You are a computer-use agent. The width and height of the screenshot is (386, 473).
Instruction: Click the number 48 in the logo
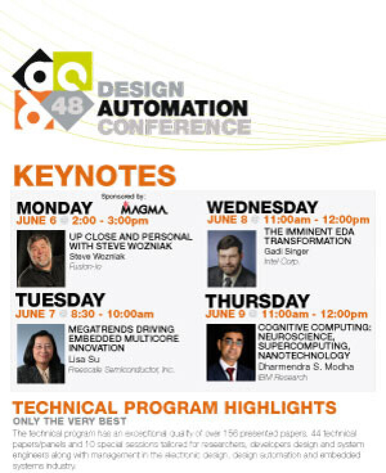[x=67, y=106]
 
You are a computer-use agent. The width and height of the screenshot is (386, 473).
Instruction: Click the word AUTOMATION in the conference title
[x=173, y=108]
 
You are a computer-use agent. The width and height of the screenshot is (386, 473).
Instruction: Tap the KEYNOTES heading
[x=95, y=175]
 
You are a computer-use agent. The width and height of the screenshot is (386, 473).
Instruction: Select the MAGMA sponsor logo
[x=144, y=208]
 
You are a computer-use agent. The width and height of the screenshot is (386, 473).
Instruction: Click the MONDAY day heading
[x=55, y=208]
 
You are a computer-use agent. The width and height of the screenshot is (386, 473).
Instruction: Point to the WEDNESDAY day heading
[x=262, y=207]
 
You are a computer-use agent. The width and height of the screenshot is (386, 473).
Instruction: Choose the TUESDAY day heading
[x=60, y=300]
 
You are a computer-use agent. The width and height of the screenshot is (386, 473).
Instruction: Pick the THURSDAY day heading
[x=258, y=301]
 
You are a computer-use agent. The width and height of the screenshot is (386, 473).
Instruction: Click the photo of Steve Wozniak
[x=41, y=258]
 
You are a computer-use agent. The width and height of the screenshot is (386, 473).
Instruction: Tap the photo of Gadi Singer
[x=232, y=259]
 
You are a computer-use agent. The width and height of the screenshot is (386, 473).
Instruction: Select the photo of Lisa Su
[x=41, y=353]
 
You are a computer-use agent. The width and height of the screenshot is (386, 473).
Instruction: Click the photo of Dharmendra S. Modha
[x=231, y=352]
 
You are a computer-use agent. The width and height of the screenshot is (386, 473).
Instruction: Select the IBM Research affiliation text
[x=283, y=377]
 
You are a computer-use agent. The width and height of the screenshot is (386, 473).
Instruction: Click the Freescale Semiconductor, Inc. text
[x=121, y=369]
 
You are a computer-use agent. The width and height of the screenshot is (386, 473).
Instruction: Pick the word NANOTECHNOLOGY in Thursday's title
[x=304, y=355]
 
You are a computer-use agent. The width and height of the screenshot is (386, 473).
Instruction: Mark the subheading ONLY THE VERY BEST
[x=70, y=421]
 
